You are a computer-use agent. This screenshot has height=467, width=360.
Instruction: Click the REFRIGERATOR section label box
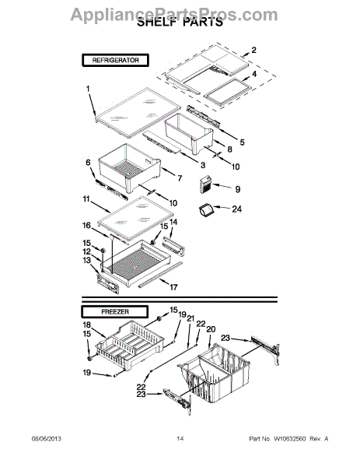click(116, 60)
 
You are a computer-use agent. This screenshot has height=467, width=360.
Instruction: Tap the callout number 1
click(89, 90)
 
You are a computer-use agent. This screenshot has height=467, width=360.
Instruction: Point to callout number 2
click(253, 50)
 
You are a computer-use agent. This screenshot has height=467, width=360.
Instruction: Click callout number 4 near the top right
click(253, 73)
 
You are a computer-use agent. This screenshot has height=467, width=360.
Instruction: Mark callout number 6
click(88, 162)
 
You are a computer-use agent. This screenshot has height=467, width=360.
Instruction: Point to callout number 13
click(88, 260)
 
